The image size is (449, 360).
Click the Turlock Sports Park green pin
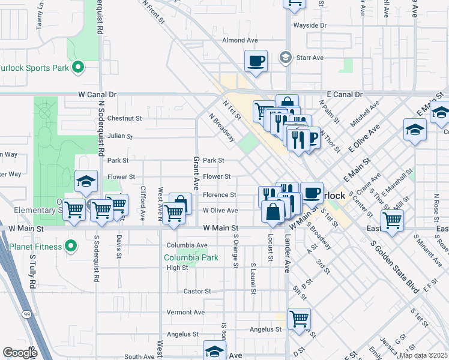77,68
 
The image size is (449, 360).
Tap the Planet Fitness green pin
71,246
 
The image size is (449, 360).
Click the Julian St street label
120,136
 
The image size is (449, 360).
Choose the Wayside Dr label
310,26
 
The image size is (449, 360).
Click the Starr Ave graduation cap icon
286,58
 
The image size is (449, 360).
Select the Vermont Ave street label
186,313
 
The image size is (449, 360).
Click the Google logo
20,353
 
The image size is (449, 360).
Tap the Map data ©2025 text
423,355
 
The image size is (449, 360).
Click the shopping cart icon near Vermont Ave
299,318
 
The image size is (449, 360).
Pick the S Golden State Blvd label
394,268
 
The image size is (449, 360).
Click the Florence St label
219,195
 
